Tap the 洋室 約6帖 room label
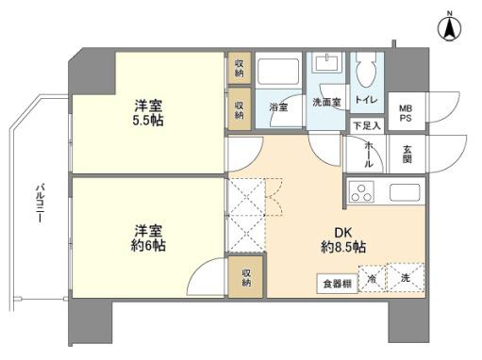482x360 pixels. pyautogui.click(x=149, y=237)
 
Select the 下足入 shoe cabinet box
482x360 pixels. pyautogui.click(x=366, y=125)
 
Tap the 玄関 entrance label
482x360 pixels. pyautogui.click(x=407, y=154)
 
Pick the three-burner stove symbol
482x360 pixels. pyautogui.click(x=361, y=193)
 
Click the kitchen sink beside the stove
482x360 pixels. pyautogui.click(x=406, y=193)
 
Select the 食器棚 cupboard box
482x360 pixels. pyautogui.click(x=337, y=282)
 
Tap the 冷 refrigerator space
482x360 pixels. pyautogui.click(x=372, y=280)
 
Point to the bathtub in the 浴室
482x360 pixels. pyautogui.click(x=279, y=73)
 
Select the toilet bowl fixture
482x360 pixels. pyautogui.click(x=365, y=70)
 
